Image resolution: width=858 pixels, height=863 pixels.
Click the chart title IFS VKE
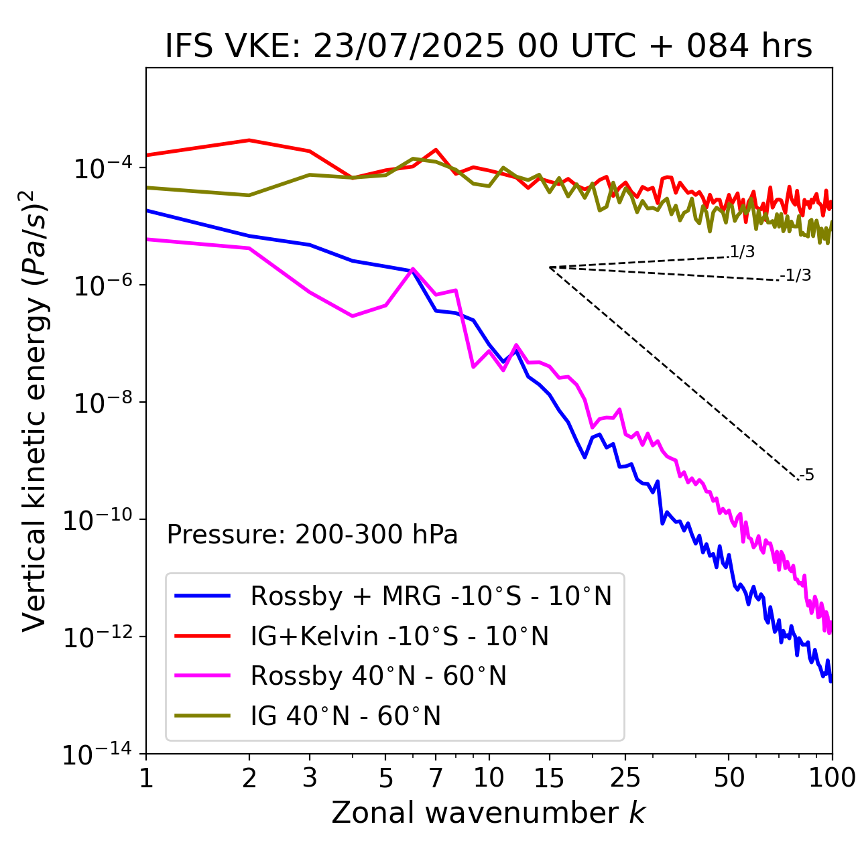click(488, 47)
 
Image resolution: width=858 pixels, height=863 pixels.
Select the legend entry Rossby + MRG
click(431, 596)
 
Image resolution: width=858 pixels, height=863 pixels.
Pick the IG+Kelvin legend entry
click(400, 636)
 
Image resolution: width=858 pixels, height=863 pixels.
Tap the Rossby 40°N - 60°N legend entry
click(378, 676)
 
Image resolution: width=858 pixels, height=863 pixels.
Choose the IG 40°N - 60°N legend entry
click(345, 716)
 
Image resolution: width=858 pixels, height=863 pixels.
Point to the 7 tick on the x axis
click(436, 778)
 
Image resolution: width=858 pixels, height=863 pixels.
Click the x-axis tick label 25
click(625, 778)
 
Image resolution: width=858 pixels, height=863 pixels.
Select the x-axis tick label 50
click(729, 778)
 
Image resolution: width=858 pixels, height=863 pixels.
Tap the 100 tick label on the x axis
click(832, 778)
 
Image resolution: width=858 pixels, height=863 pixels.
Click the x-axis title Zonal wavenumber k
click(488, 813)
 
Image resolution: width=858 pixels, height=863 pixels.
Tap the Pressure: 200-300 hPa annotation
click(312, 535)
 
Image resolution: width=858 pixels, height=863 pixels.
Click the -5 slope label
click(807, 476)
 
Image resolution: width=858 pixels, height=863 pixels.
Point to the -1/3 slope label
click(796, 275)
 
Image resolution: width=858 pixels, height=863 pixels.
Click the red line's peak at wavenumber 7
click(436, 149)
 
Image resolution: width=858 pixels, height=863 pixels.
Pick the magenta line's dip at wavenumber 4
click(353, 316)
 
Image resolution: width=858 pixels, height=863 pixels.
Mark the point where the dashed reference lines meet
click(550, 267)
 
